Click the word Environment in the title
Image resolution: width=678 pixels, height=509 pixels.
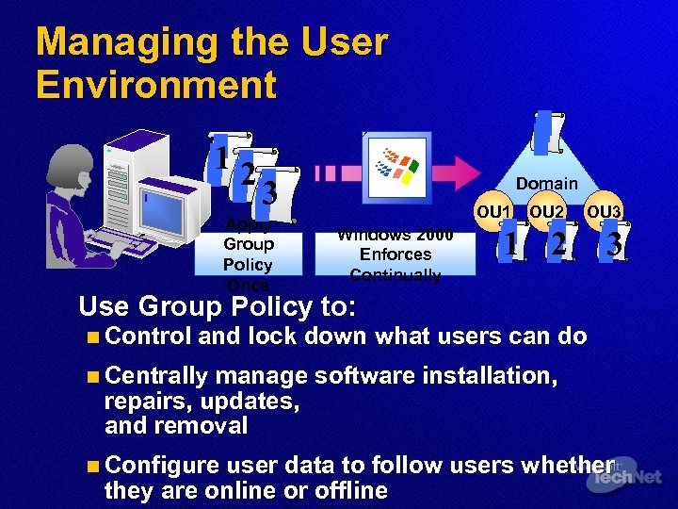[x=156, y=85]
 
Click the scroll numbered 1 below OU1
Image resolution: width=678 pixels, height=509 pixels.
[x=510, y=244]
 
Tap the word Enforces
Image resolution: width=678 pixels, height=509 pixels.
[x=395, y=254]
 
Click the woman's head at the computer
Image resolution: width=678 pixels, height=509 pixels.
[x=69, y=165]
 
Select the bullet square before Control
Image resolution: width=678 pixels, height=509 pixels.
[x=89, y=337]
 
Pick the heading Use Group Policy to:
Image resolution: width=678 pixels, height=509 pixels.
[x=218, y=307]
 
